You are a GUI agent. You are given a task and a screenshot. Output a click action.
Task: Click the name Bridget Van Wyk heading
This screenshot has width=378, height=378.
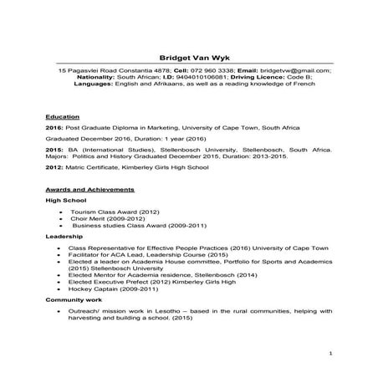tap(188, 55)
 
